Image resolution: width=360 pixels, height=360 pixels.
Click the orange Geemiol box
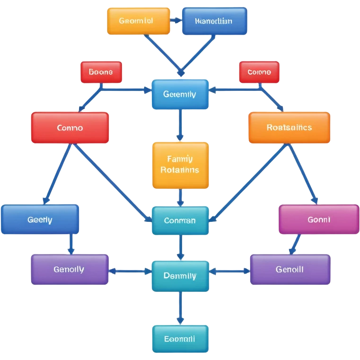tap(138, 21)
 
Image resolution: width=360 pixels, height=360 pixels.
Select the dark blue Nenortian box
tap(214, 21)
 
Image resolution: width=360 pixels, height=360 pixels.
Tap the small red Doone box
tap(101, 72)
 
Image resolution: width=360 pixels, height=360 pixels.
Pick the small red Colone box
tap(259, 72)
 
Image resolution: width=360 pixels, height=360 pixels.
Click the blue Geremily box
tap(180, 94)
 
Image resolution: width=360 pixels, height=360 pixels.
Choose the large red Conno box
tap(70, 128)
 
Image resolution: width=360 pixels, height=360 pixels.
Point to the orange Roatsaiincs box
tap(289, 127)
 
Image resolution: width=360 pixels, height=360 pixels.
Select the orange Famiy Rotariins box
tap(180, 165)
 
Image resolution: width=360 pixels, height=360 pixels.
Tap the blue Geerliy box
tap(40, 220)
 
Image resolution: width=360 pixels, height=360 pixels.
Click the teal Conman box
tap(180, 220)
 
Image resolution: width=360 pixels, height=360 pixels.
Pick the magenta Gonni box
tap(318, 220)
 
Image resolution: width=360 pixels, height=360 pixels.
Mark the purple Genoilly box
tap(70, 270)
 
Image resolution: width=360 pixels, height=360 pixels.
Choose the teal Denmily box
tap(180, 276)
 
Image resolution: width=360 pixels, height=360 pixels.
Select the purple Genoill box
tap(290, 270)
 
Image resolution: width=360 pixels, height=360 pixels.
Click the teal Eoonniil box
tap(180, 339)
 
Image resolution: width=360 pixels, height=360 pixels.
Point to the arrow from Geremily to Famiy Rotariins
tap(180, 125)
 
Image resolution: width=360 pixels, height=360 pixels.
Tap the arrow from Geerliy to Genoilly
tap(71, 244)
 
